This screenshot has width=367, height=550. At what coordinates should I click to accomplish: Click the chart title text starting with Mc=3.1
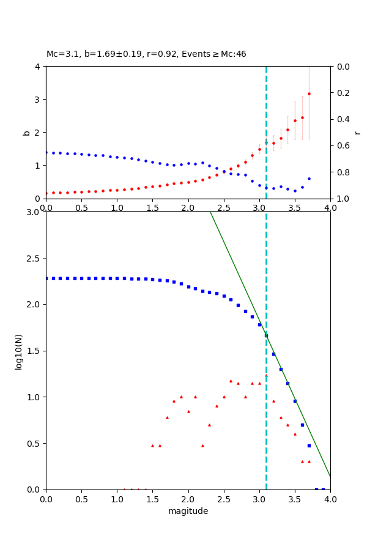pyautogui.click(x=146, y=54)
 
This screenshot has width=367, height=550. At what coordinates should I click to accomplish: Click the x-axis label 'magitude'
pyautogui.click(x=188, y=511)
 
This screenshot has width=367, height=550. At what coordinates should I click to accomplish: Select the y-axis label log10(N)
pyautogui.click(x=19, y=351)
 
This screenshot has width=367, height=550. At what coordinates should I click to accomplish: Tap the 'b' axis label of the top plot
pyautogui.click(x=26, y=132)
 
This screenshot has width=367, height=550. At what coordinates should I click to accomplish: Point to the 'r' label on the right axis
pyautogui.click(x=357, y=132)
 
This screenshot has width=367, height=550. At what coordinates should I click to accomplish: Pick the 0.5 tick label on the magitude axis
pyautogui.click(x=81, y=499)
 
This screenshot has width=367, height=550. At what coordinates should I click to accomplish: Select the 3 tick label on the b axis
pyautogui.click(x=38, y=100)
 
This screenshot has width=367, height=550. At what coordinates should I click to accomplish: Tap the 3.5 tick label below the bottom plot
pyautogui.click(x=295, y=499)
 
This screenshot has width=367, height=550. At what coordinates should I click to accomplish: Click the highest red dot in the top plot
pyautogui.click(x=309, y=94)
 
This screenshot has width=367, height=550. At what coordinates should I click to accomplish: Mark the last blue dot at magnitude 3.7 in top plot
pyautogui.click(x=309, y=178)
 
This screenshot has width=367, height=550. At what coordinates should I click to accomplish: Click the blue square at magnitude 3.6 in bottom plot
pyautogui.click(x=302, y=425)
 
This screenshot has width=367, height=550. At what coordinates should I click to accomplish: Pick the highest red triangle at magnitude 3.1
pyautogui.click(x=266, y=376)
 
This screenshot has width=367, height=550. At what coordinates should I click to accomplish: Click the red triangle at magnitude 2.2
pyautogui.click(x=202, y=446)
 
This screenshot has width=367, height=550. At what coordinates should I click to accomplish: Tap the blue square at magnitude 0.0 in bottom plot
pyautogui.click(x=46, y=278)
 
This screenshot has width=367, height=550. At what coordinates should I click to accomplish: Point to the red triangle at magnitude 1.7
pyautogui.click(x=167, y=417)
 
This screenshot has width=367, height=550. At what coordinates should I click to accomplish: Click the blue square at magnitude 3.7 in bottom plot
pyautogui.click(x=309, y=446)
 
